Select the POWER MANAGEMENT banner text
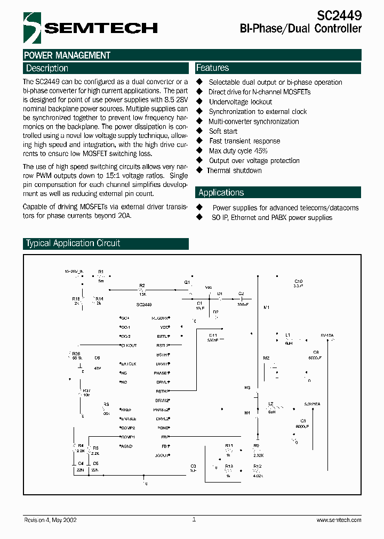pos(67,55)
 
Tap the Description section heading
pos(47,68)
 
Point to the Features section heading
pos(212,68)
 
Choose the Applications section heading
pos(221,193)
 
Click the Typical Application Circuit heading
pos(73,243)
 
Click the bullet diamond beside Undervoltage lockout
pos(200,102)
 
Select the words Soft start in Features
pos(223,131)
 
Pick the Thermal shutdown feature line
pos(234,170)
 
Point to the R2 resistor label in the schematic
pos(142,286)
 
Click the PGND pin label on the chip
pos(162,428)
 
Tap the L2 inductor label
pos(271,404)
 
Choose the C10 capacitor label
pos(298,281)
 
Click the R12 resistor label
pos(257,466)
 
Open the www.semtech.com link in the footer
pos(339,520)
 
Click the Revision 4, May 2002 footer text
pos(50,520)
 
